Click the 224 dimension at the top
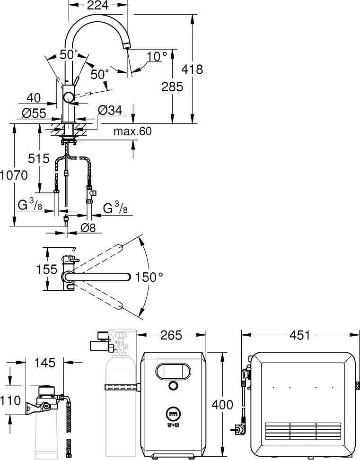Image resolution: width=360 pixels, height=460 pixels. [x=98, y=6]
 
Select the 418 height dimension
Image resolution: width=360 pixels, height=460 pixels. [x=193, y=69]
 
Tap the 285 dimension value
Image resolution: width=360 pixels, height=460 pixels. [x=171, y=87]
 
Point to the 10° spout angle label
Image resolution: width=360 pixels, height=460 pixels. [x=157, y=56]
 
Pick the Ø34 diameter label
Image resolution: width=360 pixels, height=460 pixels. [x=110, y=111]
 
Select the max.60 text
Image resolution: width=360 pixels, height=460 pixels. [x=132, y=131]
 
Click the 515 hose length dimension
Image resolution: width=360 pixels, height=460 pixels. [x=39, y=158]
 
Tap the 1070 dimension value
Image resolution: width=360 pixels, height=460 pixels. [x=14, y=175]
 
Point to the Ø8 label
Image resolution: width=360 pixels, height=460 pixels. [x=88, y=227]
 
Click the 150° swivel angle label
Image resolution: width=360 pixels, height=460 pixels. [x=149, y=277]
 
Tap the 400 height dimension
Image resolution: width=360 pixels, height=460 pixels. [x=223, y=405]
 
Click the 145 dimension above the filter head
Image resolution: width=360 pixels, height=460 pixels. [x=45, y=363]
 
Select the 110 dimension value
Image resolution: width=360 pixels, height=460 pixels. [x=10, y=401]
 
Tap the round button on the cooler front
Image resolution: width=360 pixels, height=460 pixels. [x=173, y=385]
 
